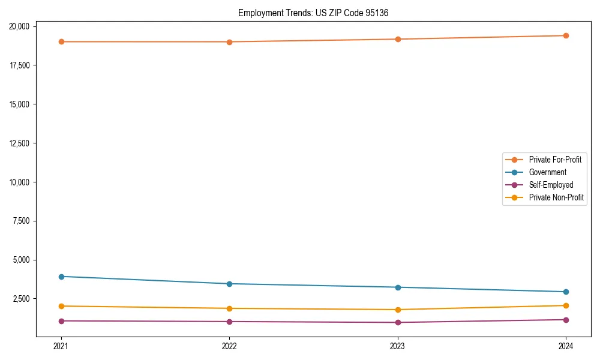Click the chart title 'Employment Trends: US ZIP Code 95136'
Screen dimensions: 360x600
point(313,13)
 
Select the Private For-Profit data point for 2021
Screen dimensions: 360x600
point(61,41)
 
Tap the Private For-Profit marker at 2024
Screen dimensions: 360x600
point(566,35)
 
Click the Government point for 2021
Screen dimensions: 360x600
point(61,277)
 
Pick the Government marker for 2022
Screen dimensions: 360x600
point(229,284)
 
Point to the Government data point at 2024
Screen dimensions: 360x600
point(566,292)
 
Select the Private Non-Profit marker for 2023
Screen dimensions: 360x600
point(398,310)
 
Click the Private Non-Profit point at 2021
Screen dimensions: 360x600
point(61,306)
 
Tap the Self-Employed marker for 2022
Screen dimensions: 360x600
point(229,322)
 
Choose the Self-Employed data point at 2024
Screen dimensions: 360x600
point(566,320)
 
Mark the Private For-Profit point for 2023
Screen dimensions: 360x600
point(398,39)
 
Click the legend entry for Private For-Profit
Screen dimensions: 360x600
point(554,160)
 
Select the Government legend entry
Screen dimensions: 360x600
point(547,172)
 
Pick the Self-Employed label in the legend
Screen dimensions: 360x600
point(551,185)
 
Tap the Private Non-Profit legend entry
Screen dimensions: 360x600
point(556,197)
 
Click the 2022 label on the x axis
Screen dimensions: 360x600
point(229,346)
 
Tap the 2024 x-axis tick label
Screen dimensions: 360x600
point(566,346)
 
